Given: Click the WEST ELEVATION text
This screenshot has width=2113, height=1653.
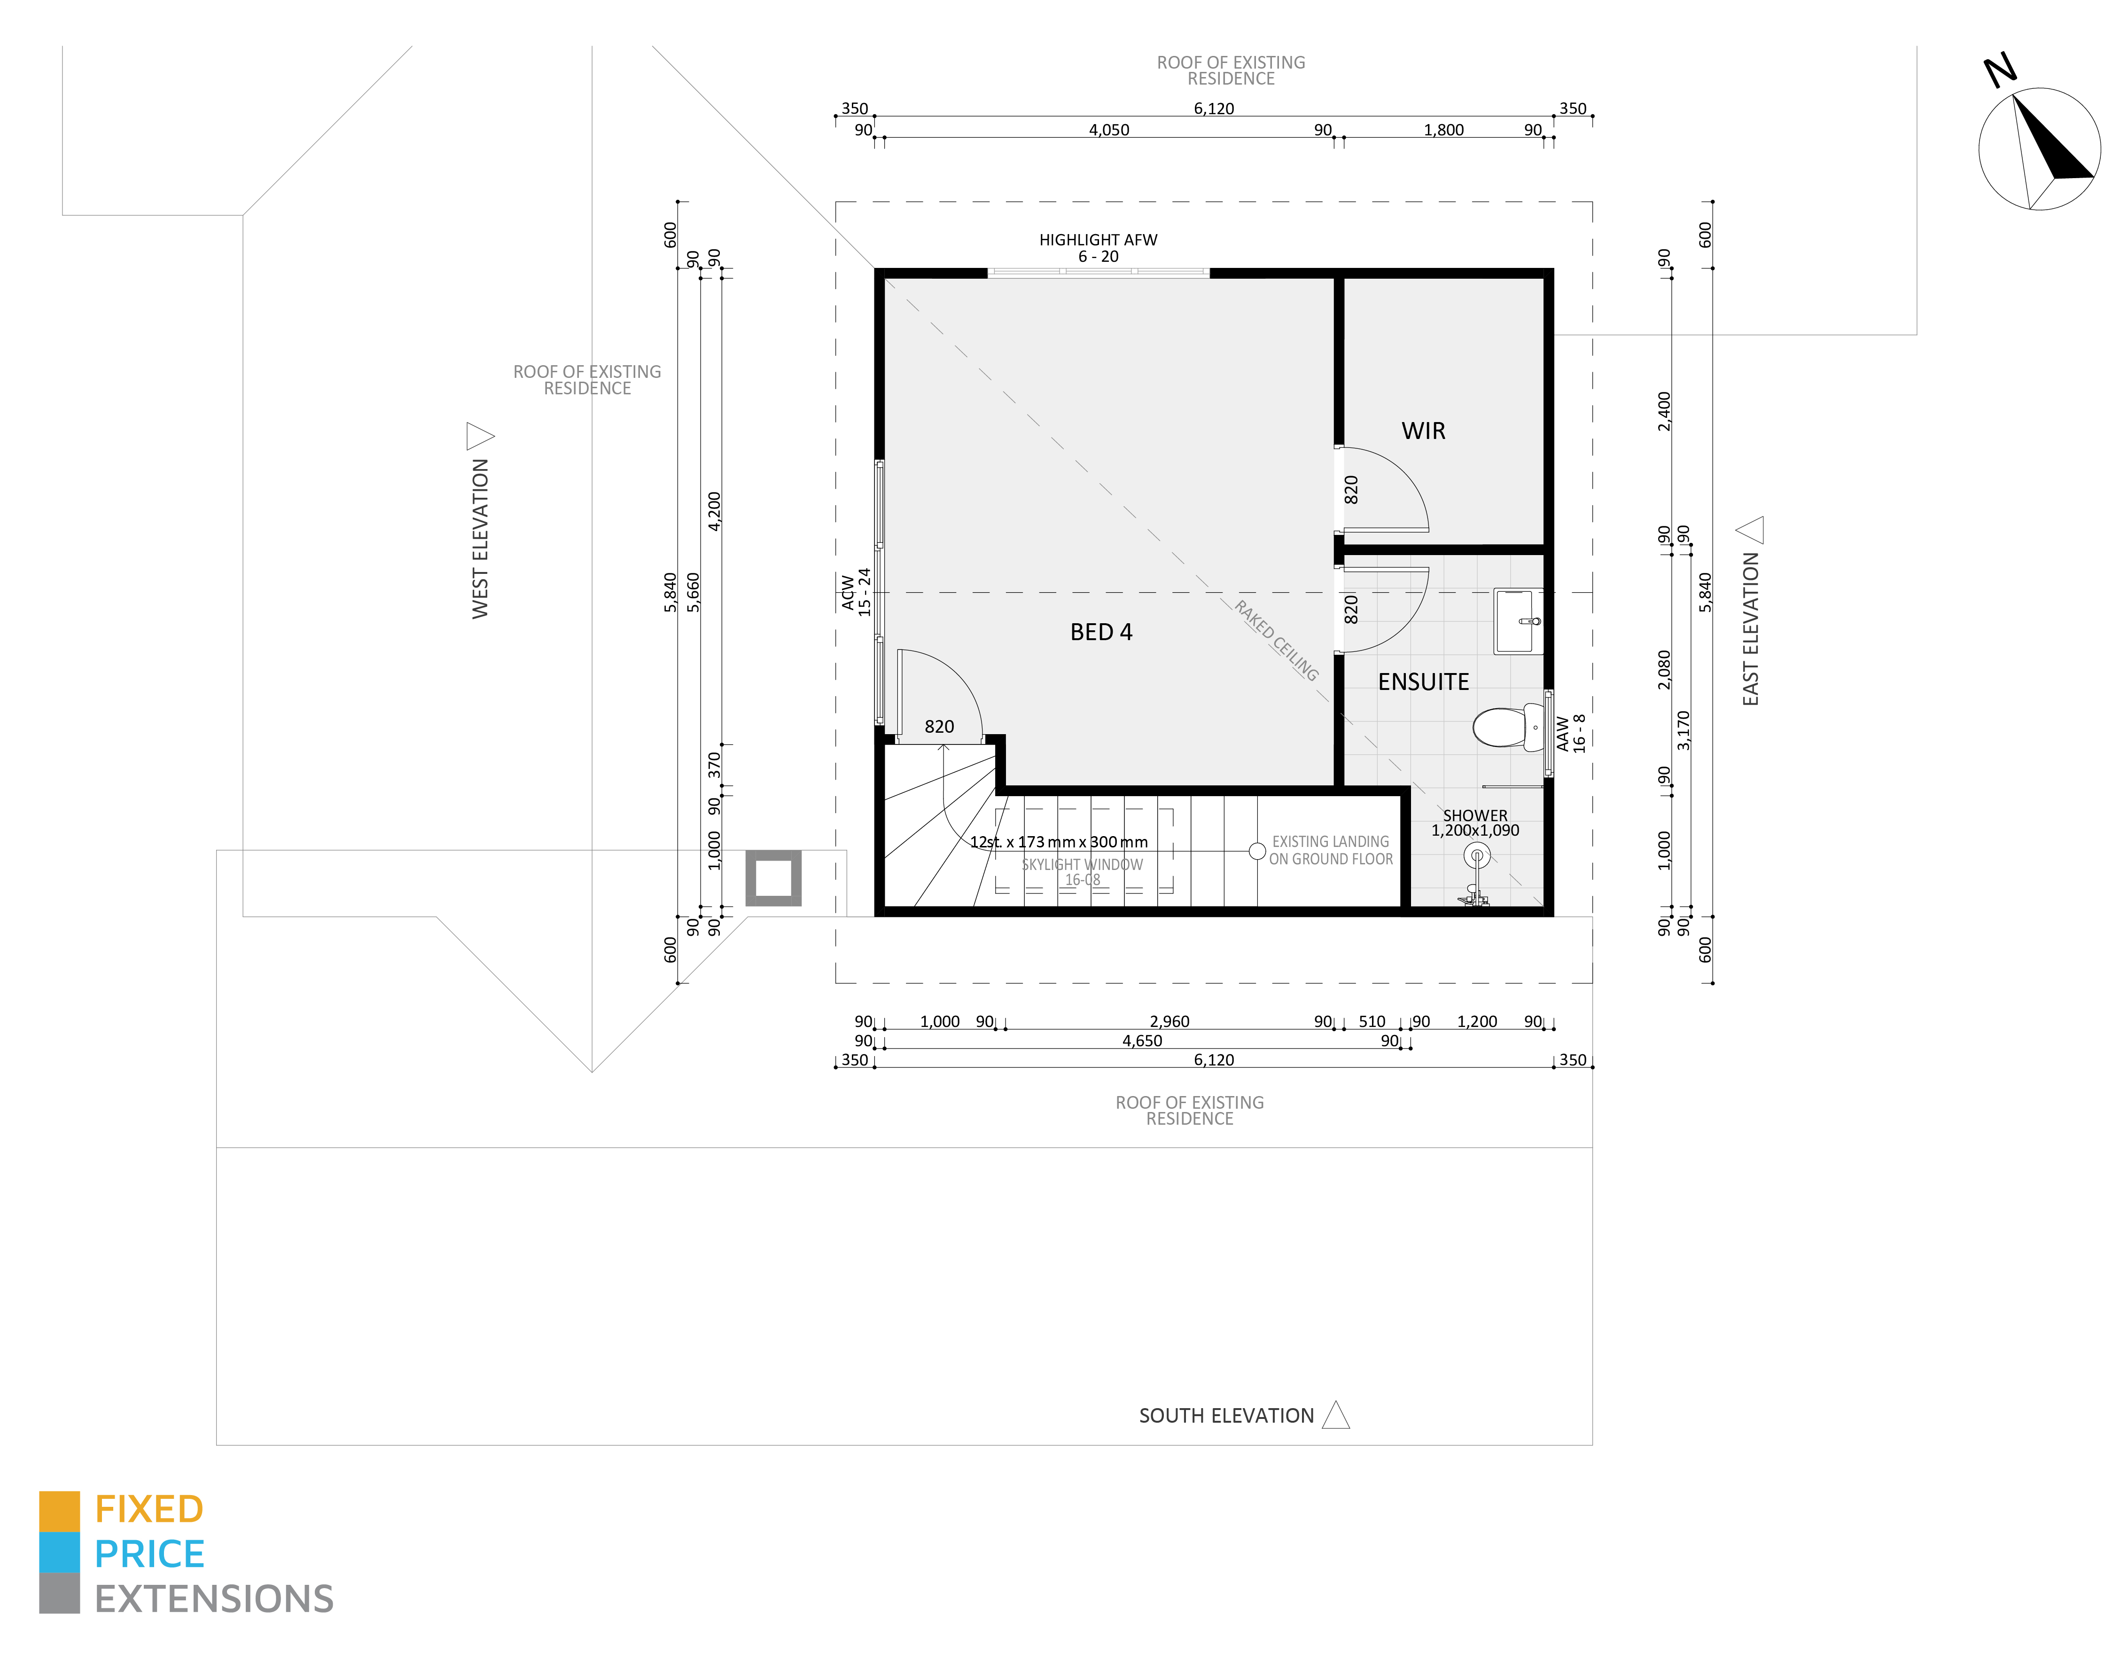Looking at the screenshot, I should pyautogui.click(x=480, y=538).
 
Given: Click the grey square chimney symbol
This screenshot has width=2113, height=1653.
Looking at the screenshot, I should pyautogui.click(x=773, y=878).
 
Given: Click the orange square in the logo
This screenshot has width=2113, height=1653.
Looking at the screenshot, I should pyautogui.click(x=59, y=1511).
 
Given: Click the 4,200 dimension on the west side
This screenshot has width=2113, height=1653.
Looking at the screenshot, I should pyautogui.click(x=714, y=511).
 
